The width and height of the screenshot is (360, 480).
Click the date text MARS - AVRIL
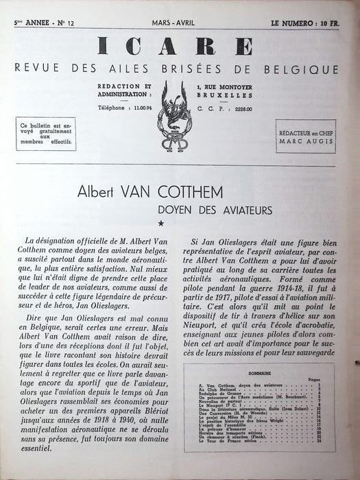click(178, 22)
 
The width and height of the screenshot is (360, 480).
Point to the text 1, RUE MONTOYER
click(226, 85)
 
